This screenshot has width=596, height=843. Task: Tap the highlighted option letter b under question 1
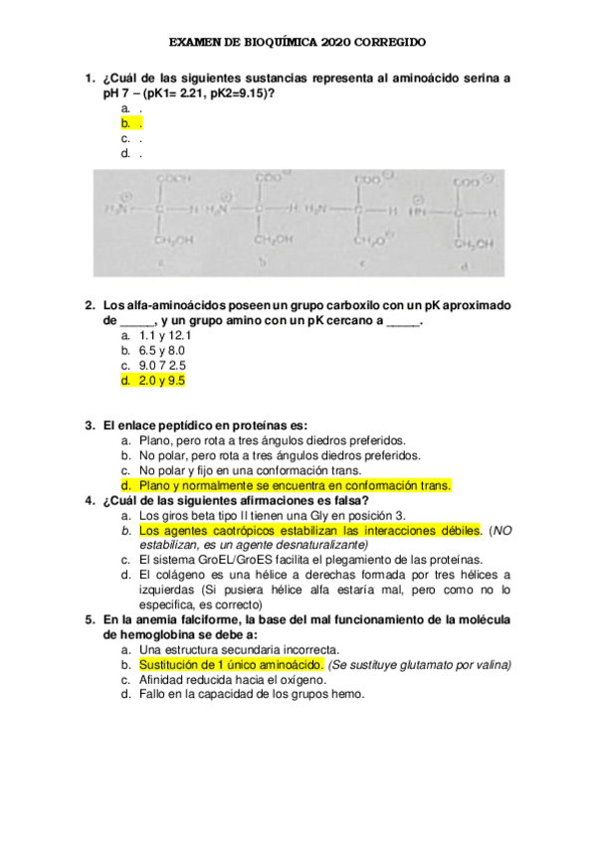click(x=126, y=123)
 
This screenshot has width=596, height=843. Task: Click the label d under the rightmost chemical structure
click(x=465, y=266)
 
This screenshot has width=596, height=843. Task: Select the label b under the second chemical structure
click(x=263, y=264)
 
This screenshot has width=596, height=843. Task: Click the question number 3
click(x=90, y=424)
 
